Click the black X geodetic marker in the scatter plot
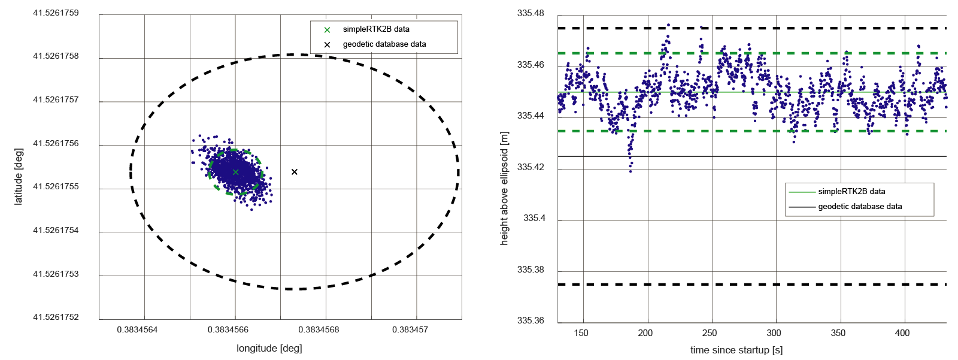click(295, 172)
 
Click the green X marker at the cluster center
click(236, 172)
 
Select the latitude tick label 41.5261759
click(56, 13)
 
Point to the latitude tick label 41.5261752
click(56, 317)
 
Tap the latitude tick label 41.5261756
click(56, 143)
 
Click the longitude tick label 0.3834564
click(137, 329)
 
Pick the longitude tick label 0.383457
click(410, 329)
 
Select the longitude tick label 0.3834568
click(319, 329)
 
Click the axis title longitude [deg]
click(269, 348)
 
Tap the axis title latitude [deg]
click(19, 176)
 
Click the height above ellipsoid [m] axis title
click(504, 188)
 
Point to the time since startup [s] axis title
click(736, 350)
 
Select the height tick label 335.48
click(530, 13)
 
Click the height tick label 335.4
click(535, 218)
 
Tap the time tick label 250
click(710, 333)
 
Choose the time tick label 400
click(902, 333)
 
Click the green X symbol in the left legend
click(327, 29)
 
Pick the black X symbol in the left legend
click(327, 44)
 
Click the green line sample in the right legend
click(802, 192)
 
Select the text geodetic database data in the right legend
click(860, 207)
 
